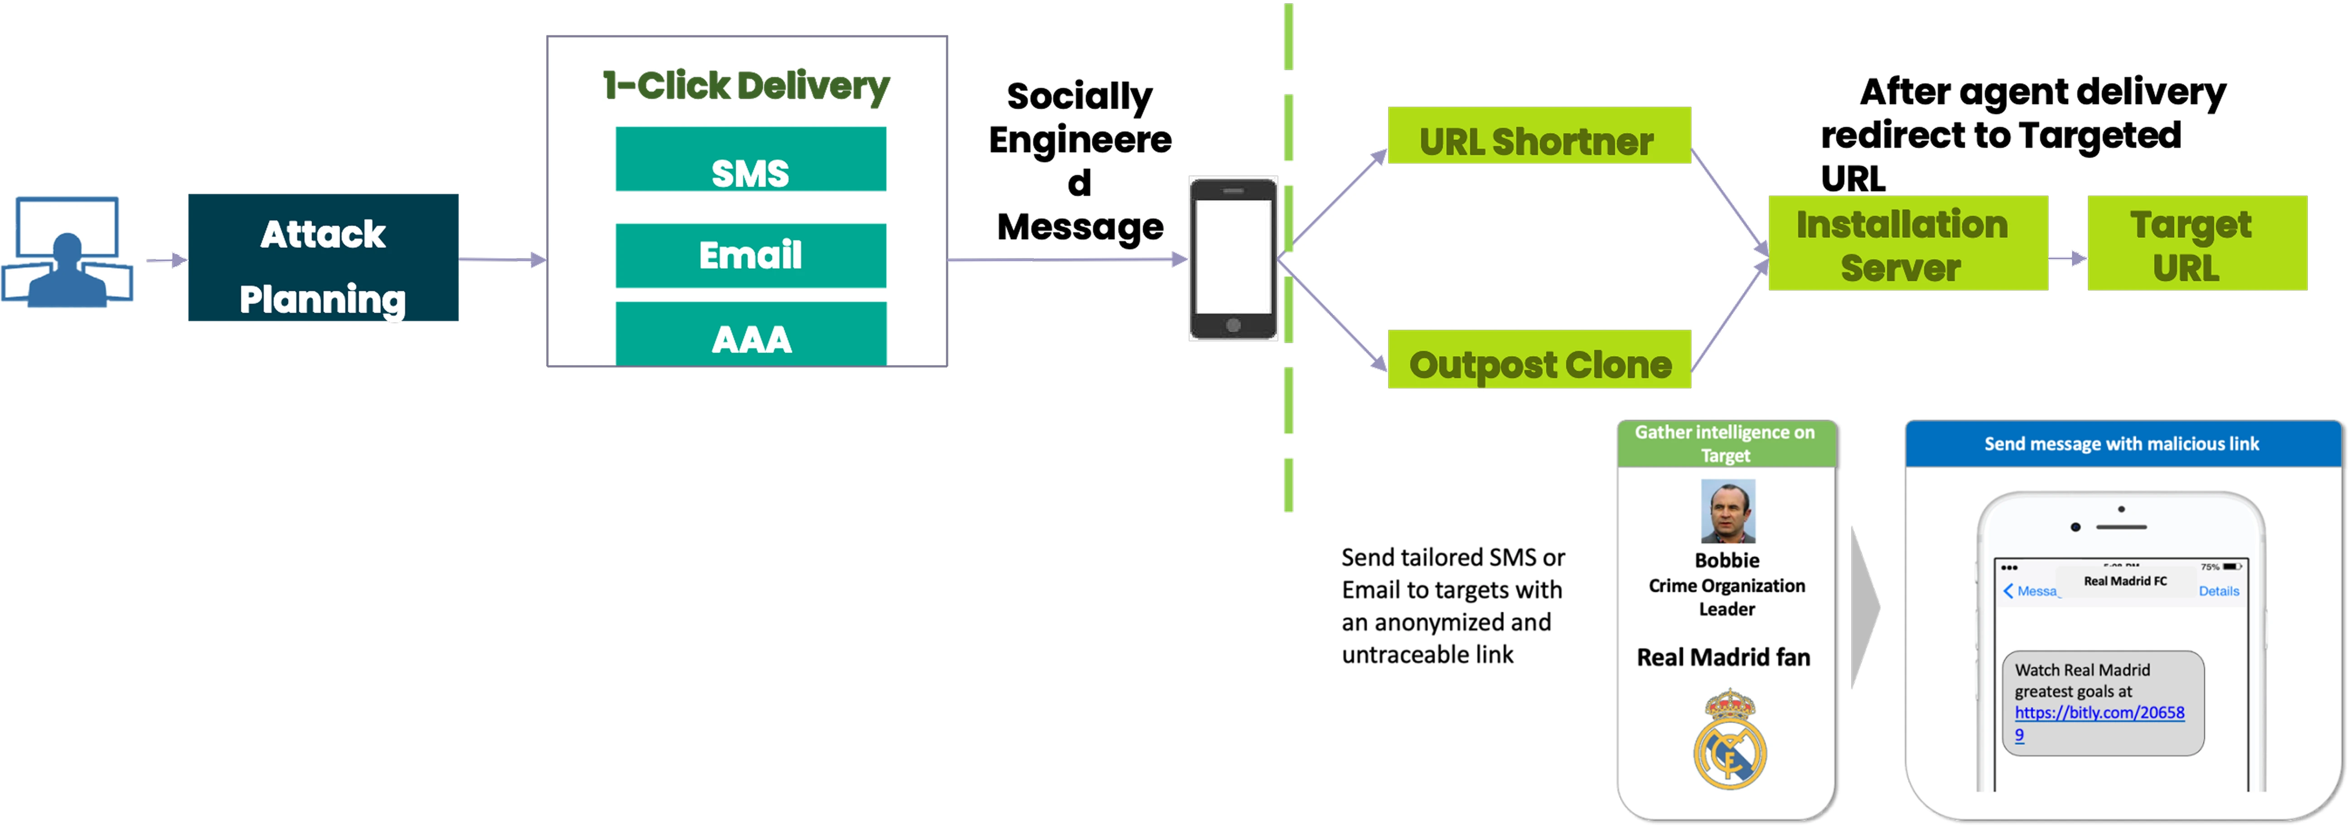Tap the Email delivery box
tap(750, 256)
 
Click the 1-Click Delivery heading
tap(745, 86)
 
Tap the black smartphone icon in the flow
tap(1233, 259)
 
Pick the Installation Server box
tap(1907, 244)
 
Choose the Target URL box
tap(2197, 244)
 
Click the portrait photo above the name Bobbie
tap(1727, 511)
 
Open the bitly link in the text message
tap(2099, 713)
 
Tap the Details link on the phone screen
tap(2219, 592)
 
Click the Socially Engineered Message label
tap(1080, 161)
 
